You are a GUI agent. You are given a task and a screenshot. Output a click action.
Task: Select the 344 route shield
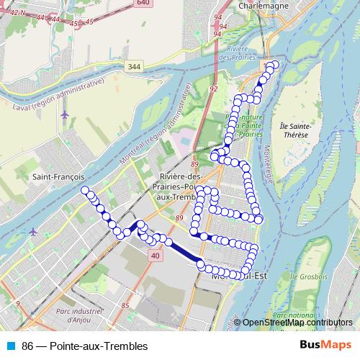tap(135, 66)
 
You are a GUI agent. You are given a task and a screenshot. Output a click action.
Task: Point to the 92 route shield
tap(214, 89)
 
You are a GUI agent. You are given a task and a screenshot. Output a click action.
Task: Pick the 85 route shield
tap(125, 305)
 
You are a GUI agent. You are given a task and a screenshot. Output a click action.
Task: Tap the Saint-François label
tap(58, 176)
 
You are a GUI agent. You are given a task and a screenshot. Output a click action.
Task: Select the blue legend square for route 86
tap(12, 346)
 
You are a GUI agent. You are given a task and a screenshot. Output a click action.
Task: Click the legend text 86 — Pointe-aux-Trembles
tap(84, 346)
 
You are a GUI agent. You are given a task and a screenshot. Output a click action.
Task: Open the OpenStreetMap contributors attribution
tap(297, 323)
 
